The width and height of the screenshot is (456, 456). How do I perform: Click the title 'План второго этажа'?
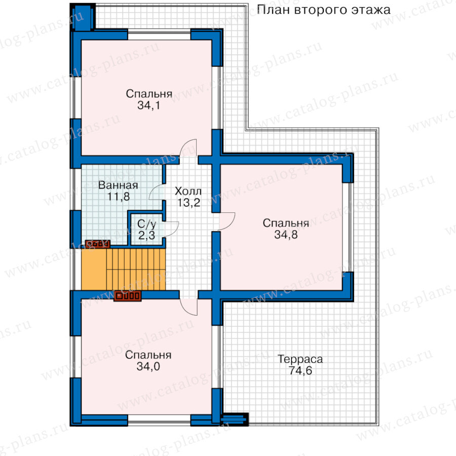click(323, 10)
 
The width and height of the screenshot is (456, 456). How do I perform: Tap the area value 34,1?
click(148, 105)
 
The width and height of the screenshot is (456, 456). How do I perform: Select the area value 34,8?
click(286, 235)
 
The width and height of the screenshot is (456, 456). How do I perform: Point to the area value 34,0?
click(148, 366)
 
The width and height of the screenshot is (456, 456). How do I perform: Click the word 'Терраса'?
click(300, 359)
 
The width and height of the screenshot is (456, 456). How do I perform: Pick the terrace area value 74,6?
click(300, 370)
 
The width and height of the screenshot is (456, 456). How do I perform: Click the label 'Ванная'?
click(118, 185)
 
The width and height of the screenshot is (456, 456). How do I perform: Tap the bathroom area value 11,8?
click(119, 197)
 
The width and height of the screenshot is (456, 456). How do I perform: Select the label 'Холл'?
click(188, 191)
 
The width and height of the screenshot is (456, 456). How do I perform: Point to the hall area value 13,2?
click(189, 202)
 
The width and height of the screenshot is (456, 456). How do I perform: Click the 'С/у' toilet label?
click(146, 224)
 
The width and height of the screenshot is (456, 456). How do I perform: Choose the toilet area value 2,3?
click(146, 235)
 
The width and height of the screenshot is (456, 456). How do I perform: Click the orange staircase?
click(123, 269)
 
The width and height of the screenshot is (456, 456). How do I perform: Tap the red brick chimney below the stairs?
click(128, 296)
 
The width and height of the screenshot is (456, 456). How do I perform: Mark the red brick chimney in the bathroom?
click(98, 244)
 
